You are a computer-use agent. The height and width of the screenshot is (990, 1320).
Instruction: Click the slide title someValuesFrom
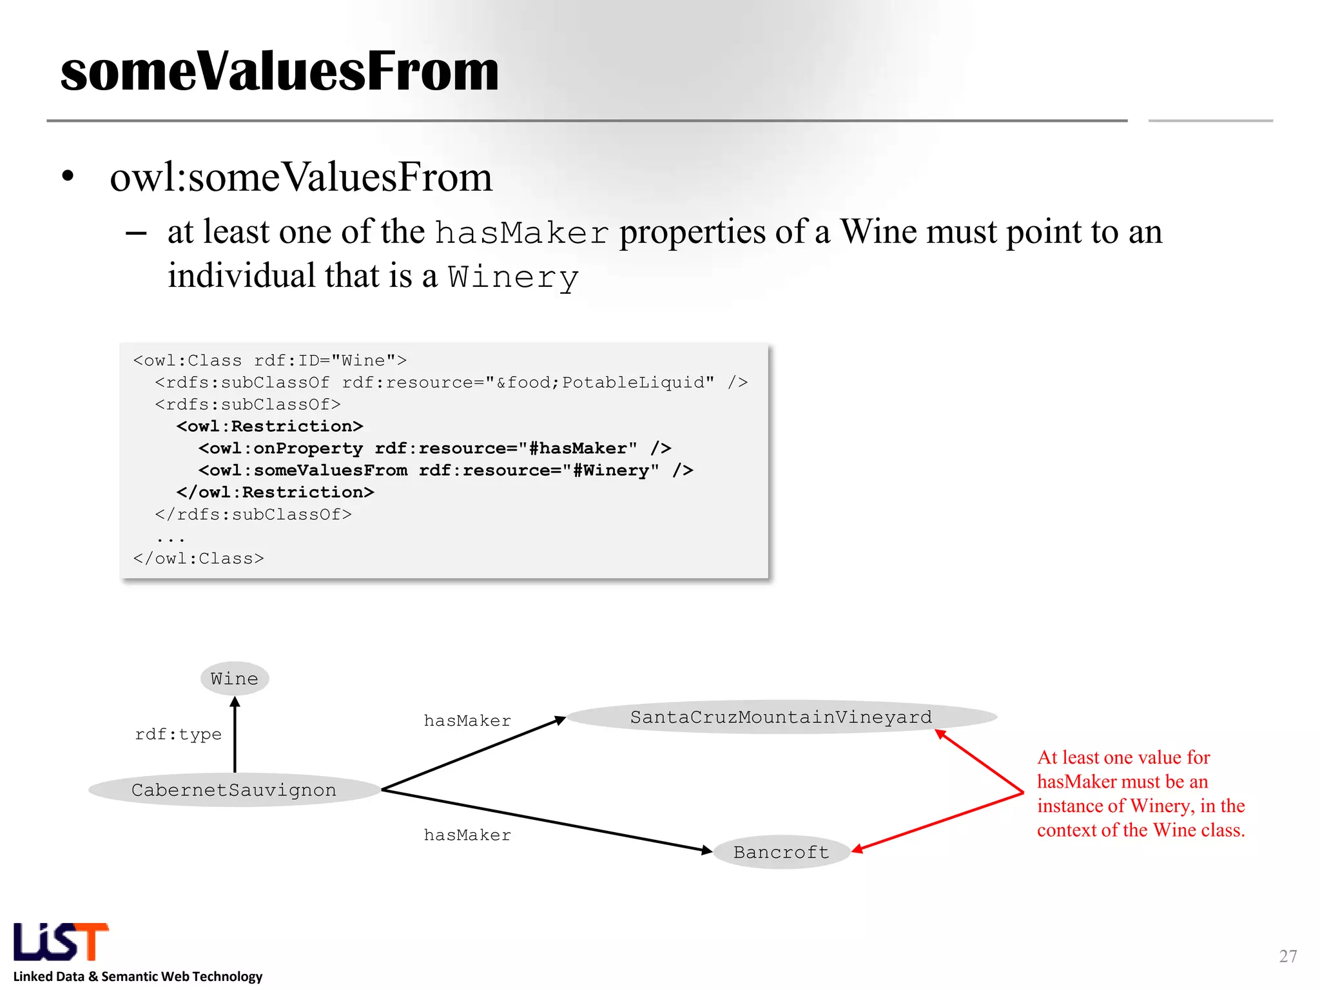click(x=279, y=71)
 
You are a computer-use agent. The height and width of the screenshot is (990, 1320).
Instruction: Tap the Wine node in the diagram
click(x=235, y=679)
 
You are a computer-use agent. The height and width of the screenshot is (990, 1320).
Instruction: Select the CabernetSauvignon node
click(x=234, y=790)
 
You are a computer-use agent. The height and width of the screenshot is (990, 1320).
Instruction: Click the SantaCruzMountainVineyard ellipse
click(x=781, y=717)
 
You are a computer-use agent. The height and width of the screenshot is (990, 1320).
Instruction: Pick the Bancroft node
click(x=781, y=852)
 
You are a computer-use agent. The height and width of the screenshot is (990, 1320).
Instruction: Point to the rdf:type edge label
click(x=178, y=734)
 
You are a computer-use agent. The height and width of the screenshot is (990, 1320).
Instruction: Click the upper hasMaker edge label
click(x=467, y=721)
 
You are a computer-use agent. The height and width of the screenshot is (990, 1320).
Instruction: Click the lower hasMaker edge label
click(x=467, y=835)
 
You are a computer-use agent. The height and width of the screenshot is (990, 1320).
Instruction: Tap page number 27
click(x=1288, y=956)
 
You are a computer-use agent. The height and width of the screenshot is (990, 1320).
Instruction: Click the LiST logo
click(x=61, y=942)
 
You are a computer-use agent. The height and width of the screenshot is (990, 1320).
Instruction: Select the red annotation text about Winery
click(x=1140, y=793)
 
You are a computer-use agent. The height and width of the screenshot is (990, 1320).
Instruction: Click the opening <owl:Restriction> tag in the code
click(x=270, y=427)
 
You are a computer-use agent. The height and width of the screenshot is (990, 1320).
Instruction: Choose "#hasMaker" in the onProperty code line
click(x=577, y=449)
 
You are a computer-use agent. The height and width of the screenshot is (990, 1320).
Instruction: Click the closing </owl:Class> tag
click(x=199, y=559)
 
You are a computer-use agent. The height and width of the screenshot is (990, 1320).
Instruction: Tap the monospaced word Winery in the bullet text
click(x=513, y=278)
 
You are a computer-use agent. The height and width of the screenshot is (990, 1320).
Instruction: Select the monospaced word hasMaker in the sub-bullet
click(x=521, y=233)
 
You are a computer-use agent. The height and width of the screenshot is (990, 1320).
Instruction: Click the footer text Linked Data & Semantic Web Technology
click(x=138, y=976)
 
